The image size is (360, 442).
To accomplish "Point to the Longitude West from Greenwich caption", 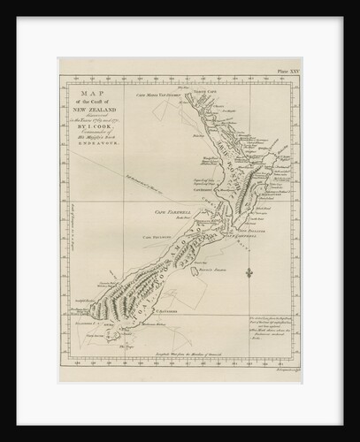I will (195, 364).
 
